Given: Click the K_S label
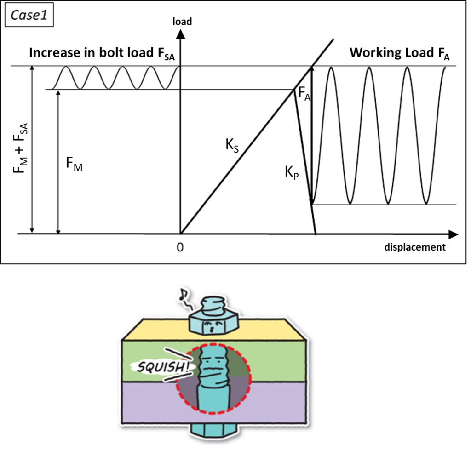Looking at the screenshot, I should coord(231,145).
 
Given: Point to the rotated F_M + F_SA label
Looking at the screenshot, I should coord(20,144).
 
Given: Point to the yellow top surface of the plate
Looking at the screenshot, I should coord(156,330).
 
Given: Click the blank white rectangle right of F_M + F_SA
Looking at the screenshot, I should coord(47,143).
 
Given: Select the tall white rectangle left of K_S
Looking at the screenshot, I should coord(168,151).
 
